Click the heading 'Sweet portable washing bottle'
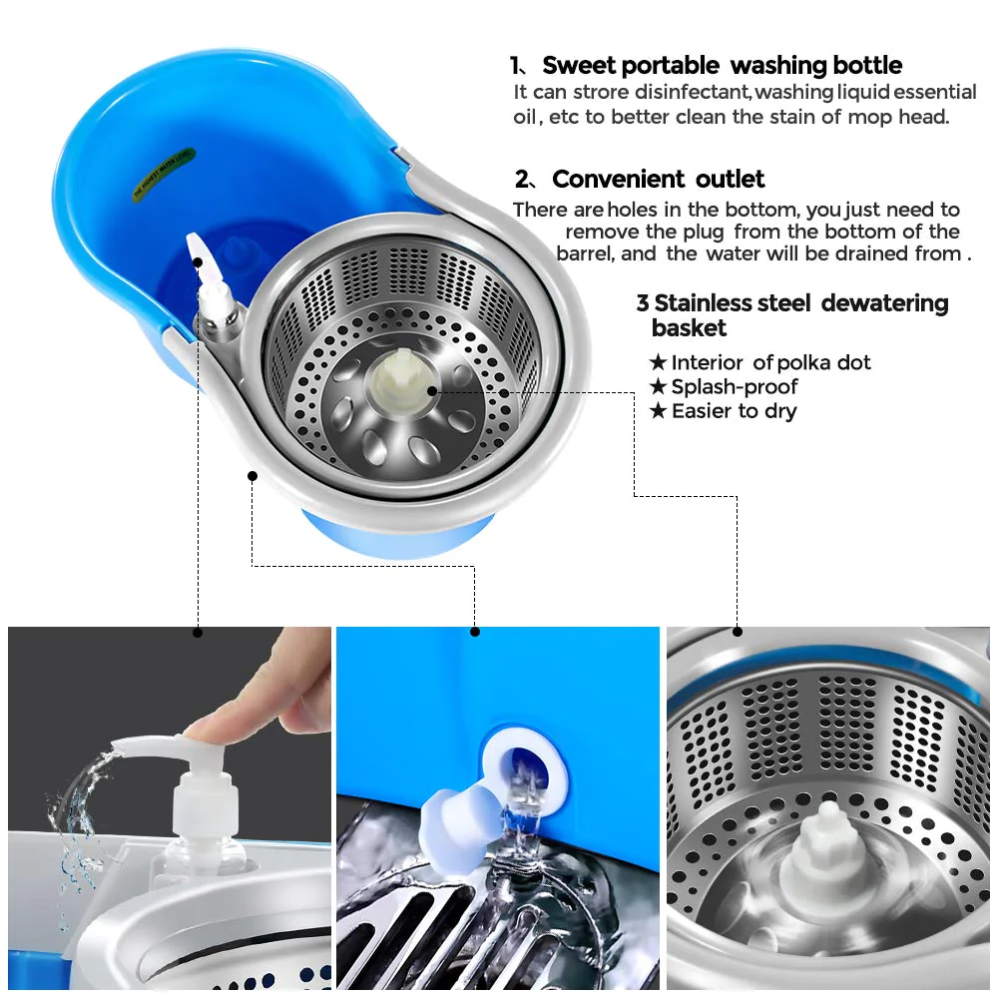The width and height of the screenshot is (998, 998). [722, 66]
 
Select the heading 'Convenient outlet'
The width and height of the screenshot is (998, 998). [658, 180]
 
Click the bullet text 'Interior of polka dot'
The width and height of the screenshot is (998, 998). [769, 362]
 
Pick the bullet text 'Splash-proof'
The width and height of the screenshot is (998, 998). [734, 387]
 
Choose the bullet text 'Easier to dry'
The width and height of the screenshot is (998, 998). [734, 411]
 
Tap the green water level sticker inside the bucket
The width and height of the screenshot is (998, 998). [163, 176]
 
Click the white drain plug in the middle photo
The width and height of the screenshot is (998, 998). [455, 815]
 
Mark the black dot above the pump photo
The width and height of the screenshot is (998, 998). [198, 632]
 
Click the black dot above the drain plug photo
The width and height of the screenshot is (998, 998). [475, 632]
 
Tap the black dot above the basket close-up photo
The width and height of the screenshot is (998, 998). [738, 632]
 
